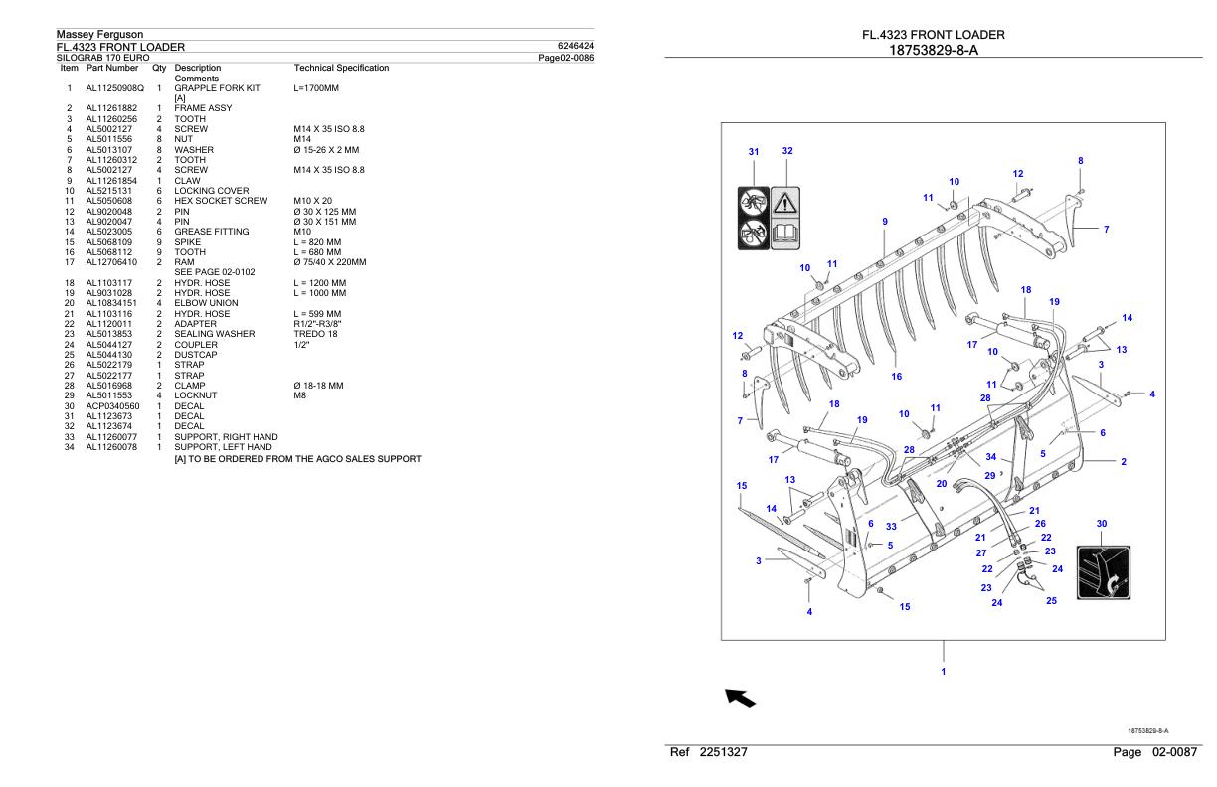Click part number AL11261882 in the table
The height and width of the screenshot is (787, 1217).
pyautogui.click(x=113, y=107)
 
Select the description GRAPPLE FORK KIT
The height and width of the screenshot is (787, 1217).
pyautogui.click(x=217, y=88)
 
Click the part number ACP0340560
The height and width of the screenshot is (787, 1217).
pyautogui.click(x=112, y=406)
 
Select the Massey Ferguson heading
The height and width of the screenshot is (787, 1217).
pyautogui.click(x=99, y=35)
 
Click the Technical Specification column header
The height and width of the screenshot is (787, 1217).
pyautogui.click(x=341, y=68)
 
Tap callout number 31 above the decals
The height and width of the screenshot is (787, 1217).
pyautogui.click(x=754, y=152)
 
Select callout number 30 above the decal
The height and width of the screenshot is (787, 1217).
pyautogui.click(x=1102, y=524)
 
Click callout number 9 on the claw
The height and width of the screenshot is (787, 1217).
pyautogui.click(x=884, y=221)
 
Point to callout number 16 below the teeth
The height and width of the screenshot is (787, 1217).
pyautogui.click(x=896, y=377)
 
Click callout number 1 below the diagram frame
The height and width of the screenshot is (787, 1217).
pyautogui.click(x=944, y=672)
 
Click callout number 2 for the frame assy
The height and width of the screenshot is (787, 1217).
pyautogui.click(x=1124, y=462)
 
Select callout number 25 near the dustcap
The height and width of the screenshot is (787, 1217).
pyautogui.click(x=1052, y=600)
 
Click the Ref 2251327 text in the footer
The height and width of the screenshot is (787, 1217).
pyautogui.click(x=710, y=753)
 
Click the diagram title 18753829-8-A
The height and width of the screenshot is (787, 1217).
pyautogui.click(x=933, y=50)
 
